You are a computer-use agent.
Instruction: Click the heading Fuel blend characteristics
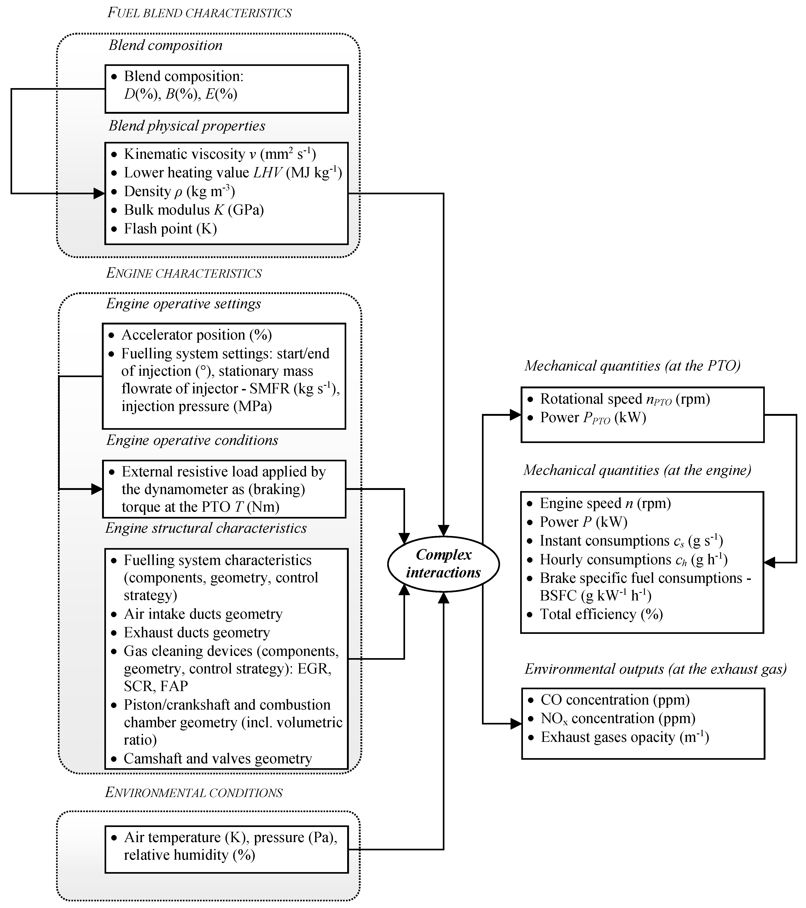(x=200, y=13)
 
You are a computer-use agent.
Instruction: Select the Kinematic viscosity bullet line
(x=219, y=154)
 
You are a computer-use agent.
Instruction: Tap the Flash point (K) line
(x=170, y=229)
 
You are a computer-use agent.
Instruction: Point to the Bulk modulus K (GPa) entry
(x=194, y=210)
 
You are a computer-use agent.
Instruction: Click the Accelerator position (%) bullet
(x=196, y=335)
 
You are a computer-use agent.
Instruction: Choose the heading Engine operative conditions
(x=192, y=440)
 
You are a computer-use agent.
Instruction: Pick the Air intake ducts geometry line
(x=203, y=614)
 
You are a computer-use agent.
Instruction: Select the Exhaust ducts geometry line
(x=197, y=632)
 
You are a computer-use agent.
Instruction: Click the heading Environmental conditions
(x=194, y=793)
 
